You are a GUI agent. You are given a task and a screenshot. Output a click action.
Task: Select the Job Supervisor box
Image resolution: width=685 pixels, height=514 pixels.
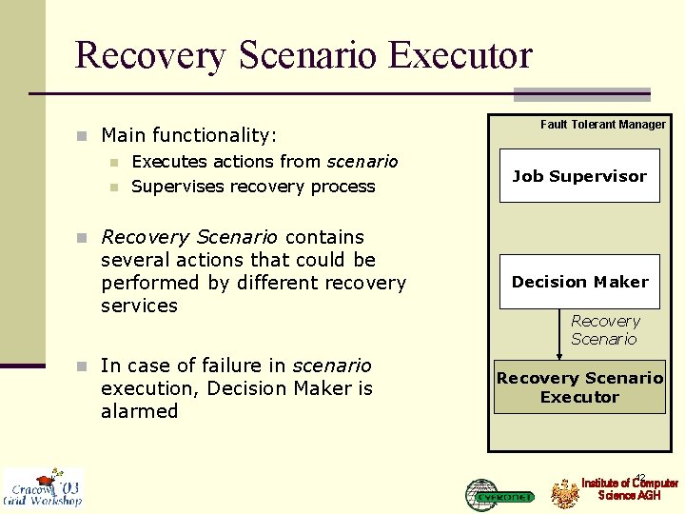click(x=578, y=176)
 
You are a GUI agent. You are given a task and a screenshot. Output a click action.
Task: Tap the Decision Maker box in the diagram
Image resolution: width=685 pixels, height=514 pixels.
click(x=578, y=282)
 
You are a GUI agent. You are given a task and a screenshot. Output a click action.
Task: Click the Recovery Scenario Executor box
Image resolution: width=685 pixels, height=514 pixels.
click(x=578, y=387)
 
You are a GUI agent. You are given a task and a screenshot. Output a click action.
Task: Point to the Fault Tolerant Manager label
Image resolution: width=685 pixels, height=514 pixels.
click(x=602, y=125)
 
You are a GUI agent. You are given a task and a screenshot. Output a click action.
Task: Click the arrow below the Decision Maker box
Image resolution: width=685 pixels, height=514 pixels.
click(x=559, y=333)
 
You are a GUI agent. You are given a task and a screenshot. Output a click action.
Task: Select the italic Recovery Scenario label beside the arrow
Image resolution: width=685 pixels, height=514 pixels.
click(x=605, y=330)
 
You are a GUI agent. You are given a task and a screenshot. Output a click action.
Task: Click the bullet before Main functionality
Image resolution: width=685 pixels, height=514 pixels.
click(x=83, y=136)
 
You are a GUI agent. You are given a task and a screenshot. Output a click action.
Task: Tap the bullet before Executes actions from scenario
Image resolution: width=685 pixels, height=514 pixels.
click(x=113, y=163)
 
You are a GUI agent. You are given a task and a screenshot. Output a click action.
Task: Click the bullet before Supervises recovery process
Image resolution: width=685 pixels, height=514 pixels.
click(x=113, y=188)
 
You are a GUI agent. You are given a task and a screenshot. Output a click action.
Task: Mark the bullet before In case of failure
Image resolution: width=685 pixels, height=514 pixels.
click(x=83, y=366)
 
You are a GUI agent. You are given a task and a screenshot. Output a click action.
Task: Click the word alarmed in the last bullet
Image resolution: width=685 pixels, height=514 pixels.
click(x=139, y=411)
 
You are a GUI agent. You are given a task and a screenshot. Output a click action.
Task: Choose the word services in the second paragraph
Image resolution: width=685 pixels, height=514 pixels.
click(x=139, y=306)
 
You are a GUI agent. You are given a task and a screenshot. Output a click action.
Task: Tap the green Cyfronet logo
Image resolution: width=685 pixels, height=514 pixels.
click(x=499, y=494)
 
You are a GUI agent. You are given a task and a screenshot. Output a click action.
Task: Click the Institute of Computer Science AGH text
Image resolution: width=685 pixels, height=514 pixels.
click(x=630, y=489)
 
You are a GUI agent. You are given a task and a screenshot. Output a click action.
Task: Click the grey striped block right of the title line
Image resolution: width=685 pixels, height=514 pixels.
click(x=581, y=94)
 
